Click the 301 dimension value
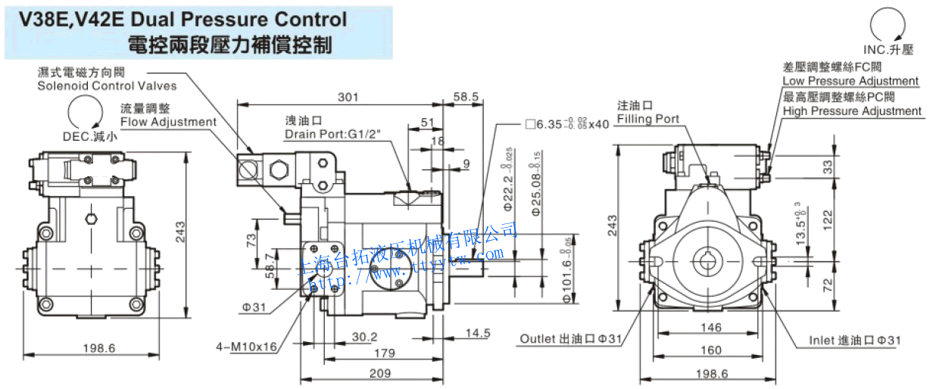(x=348, y=97)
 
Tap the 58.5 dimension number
(x=466, y=97)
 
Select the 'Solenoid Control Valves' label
(x=107, y=86)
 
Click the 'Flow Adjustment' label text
(x=168, y=122)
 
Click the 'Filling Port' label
(x=647, y=119)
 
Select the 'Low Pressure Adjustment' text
(x=850, y=81)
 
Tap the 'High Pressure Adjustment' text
(x=852, y=111)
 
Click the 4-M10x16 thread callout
(x=246, y=347)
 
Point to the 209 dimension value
(x=380, y=373)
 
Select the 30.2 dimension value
(x=366, y=337)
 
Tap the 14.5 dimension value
(x=477, y=332)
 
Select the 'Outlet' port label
(x=569, y=339)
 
